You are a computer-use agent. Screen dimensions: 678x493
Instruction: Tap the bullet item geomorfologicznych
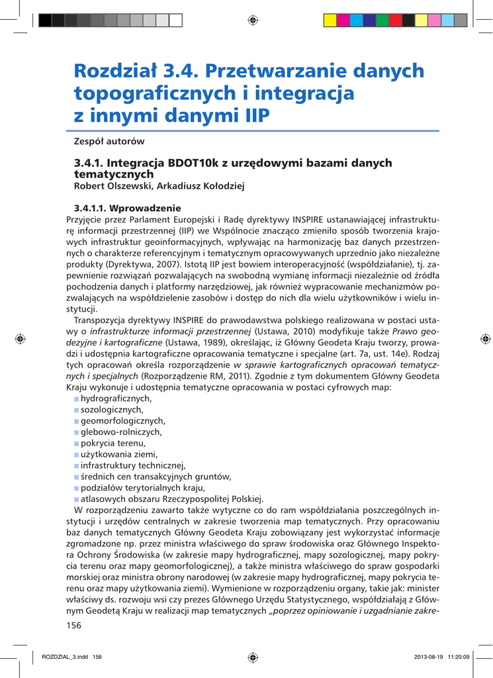click(x=122, y=420)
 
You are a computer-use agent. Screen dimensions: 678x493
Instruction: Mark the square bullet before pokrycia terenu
click(x=77, y=443)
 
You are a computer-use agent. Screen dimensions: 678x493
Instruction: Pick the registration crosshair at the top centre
click(x=252, y=20)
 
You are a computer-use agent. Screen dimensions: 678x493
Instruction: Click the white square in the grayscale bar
click(x=175, y=20)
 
